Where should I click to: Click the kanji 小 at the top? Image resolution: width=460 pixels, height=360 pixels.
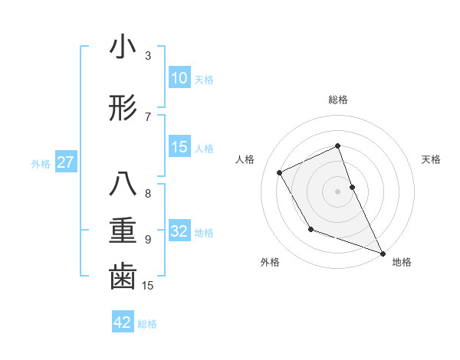123,48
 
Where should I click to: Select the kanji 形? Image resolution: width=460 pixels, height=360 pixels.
123,110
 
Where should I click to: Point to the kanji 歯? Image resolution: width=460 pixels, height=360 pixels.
123,278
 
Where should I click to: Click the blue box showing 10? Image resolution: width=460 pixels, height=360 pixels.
179,78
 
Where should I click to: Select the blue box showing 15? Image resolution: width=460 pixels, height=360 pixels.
179,147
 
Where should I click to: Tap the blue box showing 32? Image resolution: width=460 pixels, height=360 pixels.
179,231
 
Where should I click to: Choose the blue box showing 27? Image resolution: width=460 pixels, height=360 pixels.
65,162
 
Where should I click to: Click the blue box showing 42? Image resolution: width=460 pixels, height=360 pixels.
123,322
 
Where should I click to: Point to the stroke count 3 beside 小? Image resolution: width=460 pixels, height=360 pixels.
148,56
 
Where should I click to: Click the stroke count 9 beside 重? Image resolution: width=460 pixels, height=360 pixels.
148,239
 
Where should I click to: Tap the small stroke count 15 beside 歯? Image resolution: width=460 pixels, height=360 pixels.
149,285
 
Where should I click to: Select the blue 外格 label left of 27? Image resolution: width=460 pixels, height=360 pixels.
41,163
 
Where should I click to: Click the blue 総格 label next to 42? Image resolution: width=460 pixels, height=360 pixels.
147,324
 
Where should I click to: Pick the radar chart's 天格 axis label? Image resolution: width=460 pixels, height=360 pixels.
432,159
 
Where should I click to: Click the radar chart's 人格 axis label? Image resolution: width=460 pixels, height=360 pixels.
245,159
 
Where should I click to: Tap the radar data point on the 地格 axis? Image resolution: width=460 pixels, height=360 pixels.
383,254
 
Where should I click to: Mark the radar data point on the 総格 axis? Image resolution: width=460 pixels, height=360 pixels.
338,146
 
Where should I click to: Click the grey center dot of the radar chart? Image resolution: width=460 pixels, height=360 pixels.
338,191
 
